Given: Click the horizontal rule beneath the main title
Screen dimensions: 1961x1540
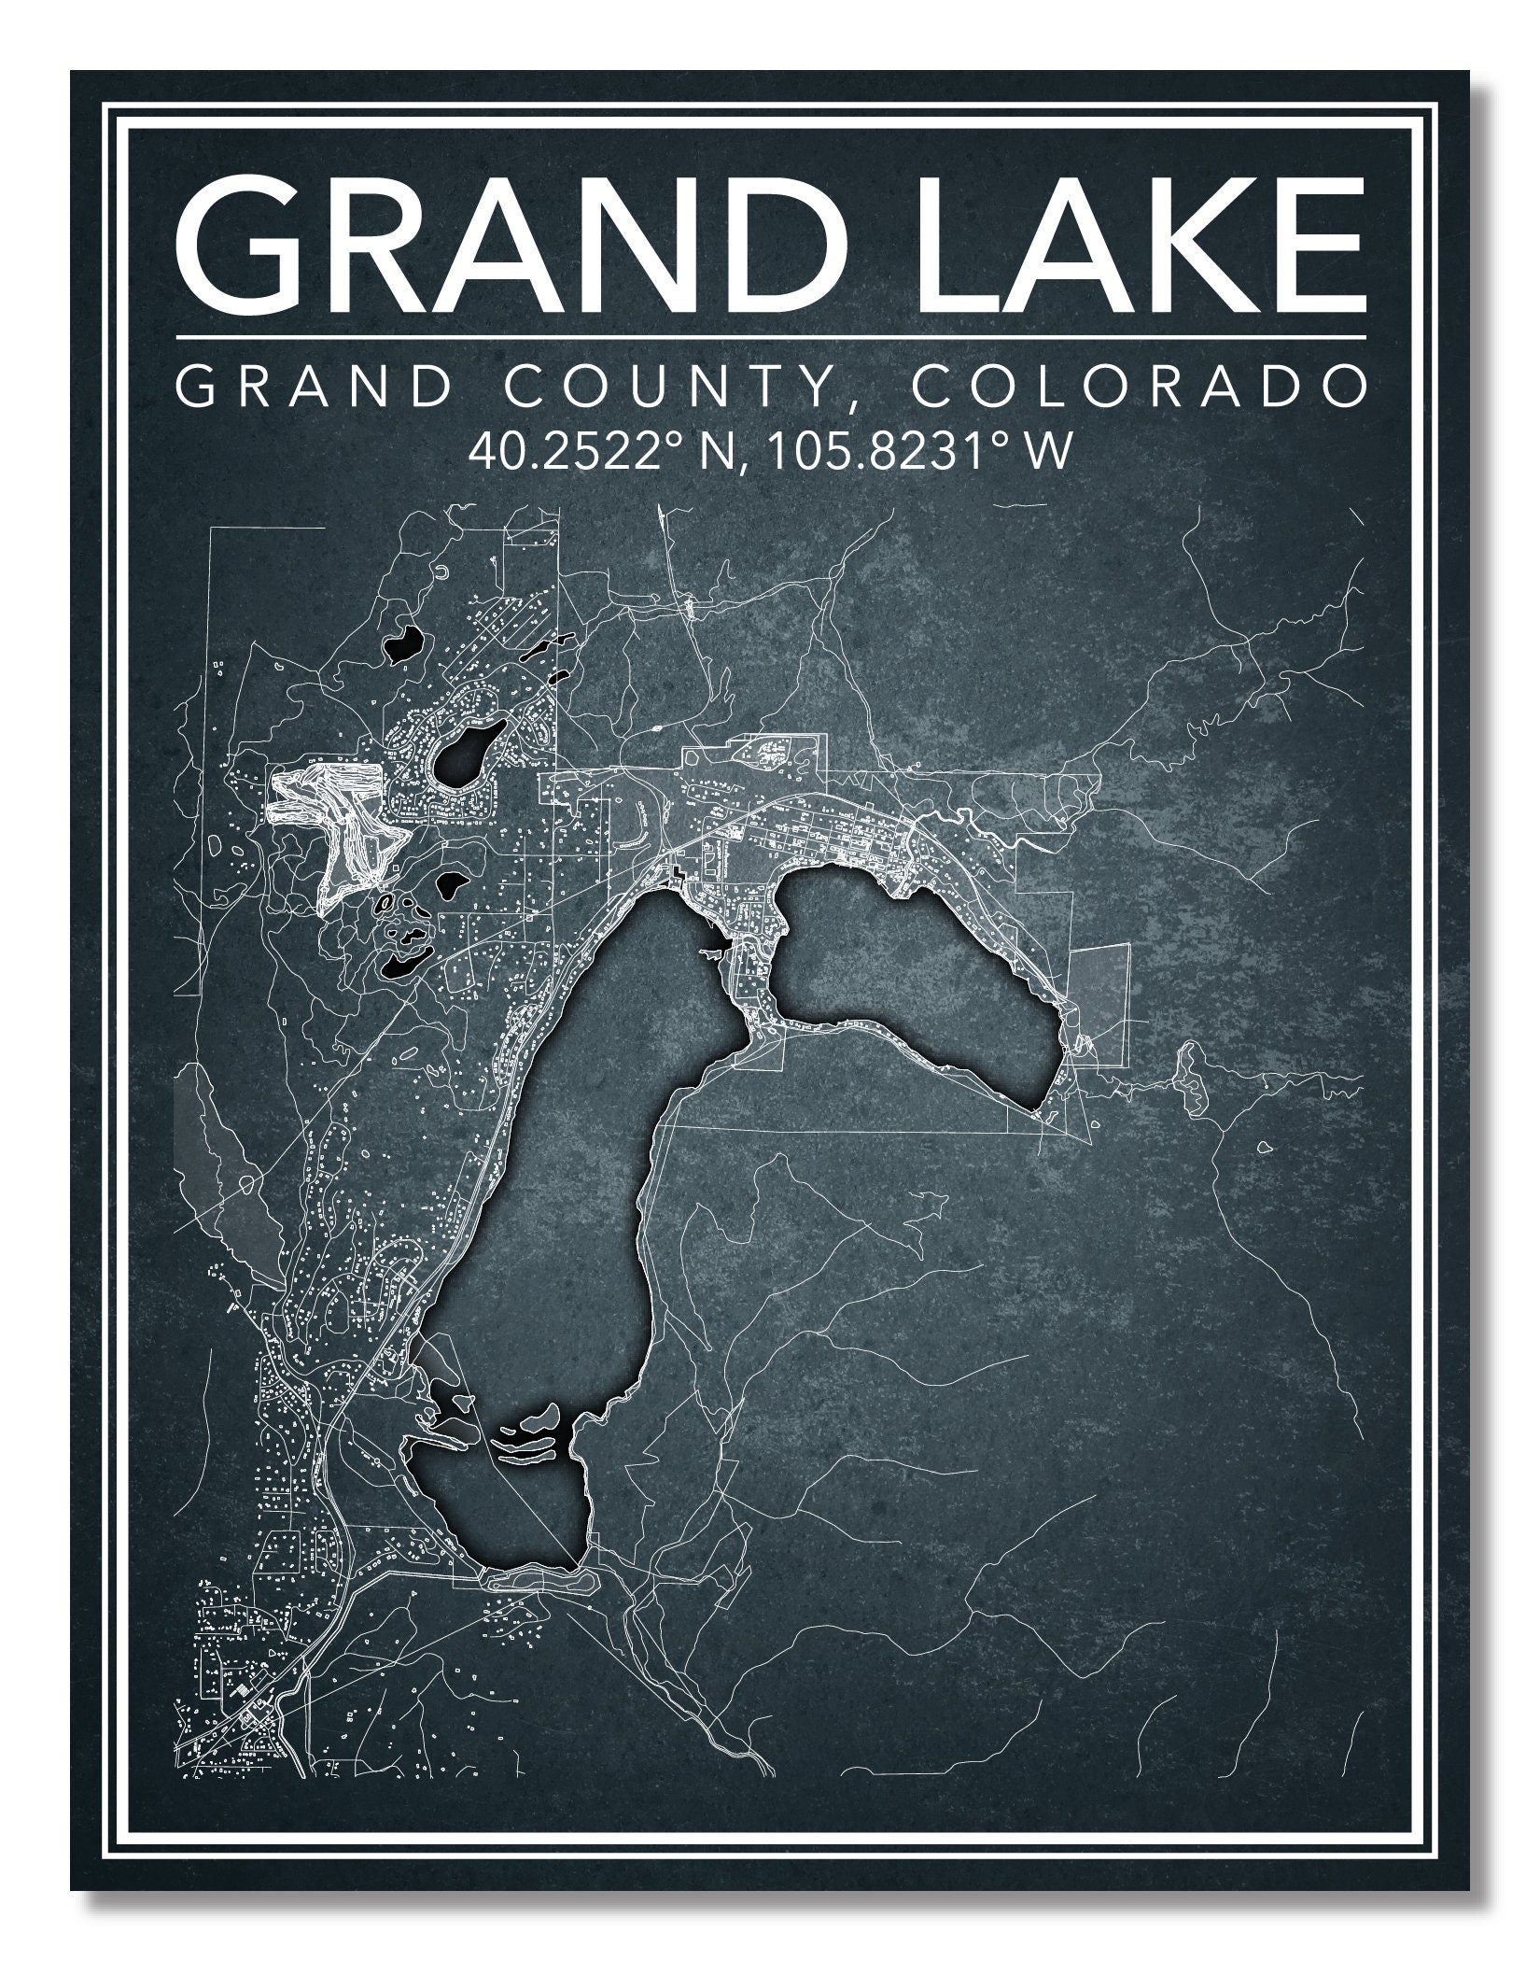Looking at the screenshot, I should [x=770, y=336].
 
